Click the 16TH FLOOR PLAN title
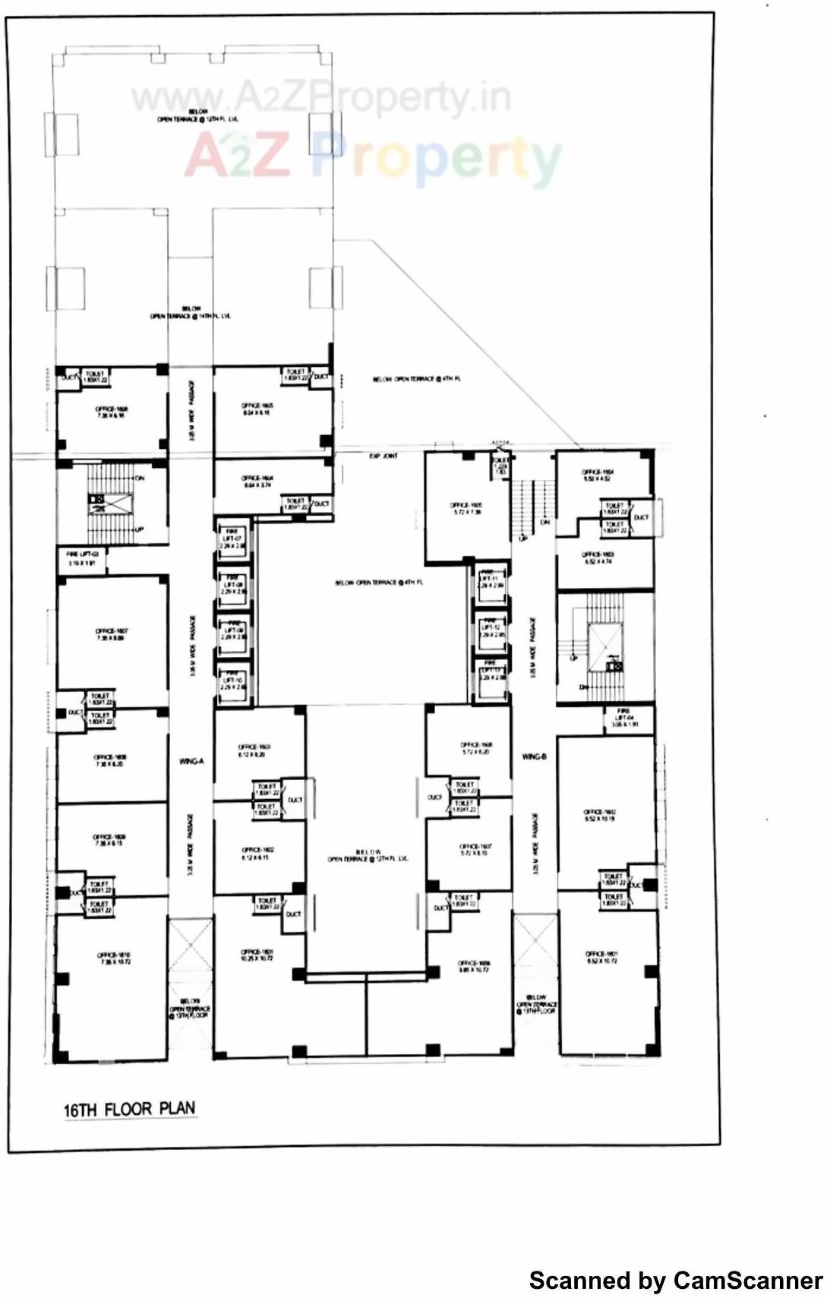pyautogui.click(x=129, y=1109)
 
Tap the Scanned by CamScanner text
pyautogui.click(x=675, y=1280)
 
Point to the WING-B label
pyautogui.click(x=534, y=756)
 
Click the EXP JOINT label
pyautogui.click(x=384, y=456)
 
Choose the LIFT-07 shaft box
pyautogui.click(x=232, y=540)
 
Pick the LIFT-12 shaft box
pyautogui.click(x=491, y=632)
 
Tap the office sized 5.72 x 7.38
pyautogui.click(x=466, y=508)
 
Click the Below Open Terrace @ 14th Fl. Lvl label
pyautogui.click(x=190, y=312)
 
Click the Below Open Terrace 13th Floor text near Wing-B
pyautogui.click(x=536, y=1005)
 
